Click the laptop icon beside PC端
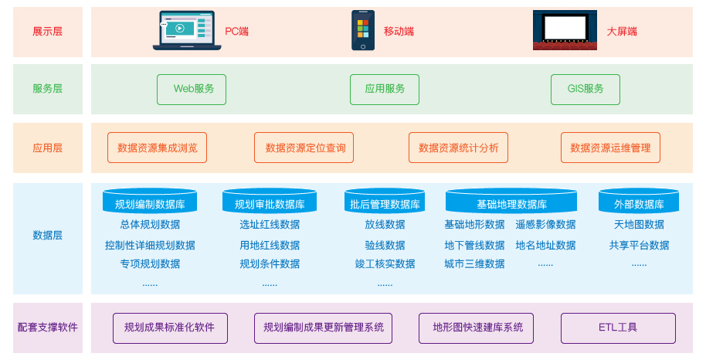tap(186, 31)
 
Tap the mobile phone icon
tap(362, 31)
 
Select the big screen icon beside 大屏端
tap(565, 30)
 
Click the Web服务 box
tap(192, 89)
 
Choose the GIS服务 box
tap(586, 89)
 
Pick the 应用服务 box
tap(385, 89)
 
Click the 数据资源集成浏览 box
tap(158, 148)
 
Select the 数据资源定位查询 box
tap(304, 148)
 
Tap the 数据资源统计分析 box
tap(458, 148)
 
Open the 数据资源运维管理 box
tap(610, 148)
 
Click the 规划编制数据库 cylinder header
tap(150, 203)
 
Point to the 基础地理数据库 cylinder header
tap(511, 203)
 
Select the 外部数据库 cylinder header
tap(639, 203)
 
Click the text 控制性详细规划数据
tap(150, 246)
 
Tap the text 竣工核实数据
tap(385, 263)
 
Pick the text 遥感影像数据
tap(545, 225)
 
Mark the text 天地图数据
tap(639, 225)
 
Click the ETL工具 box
tap(618, 328)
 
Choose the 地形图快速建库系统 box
tap(477, 328)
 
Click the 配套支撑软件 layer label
tap(48, 328)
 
